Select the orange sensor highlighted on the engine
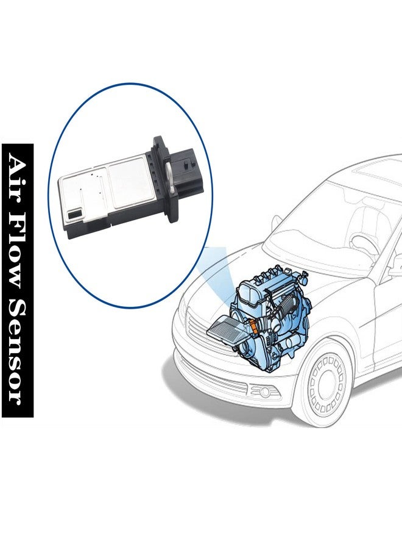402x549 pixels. [249, 329]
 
